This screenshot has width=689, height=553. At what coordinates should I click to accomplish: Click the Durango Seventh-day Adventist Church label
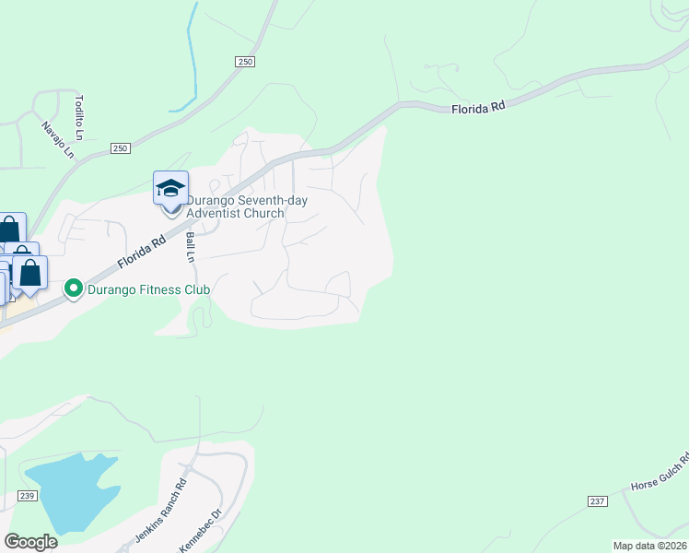coord(247,206)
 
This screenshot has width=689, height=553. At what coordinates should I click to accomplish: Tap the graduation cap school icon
coord(170,188)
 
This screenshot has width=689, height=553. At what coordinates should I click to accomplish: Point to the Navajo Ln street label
coord(57,138)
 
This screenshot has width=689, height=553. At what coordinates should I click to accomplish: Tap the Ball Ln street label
coord(192,247)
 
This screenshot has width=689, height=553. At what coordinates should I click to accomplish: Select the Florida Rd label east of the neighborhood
coord(479,108)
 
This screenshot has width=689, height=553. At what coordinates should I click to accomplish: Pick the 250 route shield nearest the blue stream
coord(244,61)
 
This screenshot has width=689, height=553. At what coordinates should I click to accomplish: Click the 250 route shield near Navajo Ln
coord(122,148)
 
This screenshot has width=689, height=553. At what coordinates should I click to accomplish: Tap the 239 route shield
coord(26,497)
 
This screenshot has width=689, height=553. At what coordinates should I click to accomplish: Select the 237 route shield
coord(597,500)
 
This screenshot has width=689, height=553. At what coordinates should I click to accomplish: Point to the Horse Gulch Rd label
coord(660,472)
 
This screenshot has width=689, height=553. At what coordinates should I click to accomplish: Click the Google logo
coord(30,542)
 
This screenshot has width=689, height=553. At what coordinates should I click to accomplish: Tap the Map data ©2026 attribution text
coord(650,546)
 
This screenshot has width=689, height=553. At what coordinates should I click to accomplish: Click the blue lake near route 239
coord(69,488)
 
